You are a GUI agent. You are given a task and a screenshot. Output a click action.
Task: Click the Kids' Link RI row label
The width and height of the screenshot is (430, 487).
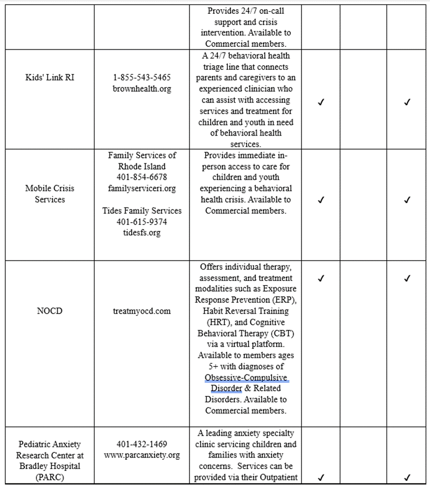coord(50,78)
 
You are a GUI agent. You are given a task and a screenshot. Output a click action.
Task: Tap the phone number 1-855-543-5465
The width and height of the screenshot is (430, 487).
coord(141,78)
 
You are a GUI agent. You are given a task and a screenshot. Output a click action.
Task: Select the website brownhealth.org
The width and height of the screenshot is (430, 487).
coord(141,89)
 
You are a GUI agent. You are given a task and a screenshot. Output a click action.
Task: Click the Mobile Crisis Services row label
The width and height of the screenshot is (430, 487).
coord(50,194)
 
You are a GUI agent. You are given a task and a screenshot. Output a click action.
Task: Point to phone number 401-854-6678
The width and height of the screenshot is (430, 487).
coord(141,178)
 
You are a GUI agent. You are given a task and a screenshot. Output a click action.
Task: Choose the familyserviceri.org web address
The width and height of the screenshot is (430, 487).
coord(141,189)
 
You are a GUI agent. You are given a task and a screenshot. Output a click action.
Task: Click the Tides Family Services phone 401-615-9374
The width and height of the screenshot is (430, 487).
coord(141,222)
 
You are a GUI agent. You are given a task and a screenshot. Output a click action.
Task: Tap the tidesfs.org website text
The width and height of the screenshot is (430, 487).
coord(141,233)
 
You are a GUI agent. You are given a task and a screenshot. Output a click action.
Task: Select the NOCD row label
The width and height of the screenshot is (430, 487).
coord(50,311)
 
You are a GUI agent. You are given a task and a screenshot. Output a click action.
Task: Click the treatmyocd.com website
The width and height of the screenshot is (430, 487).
coord(141,311)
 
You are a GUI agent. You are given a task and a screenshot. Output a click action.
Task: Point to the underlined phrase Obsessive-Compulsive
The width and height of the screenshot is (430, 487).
coord(247,378)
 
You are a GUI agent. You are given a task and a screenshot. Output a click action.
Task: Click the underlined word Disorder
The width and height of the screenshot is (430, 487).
coord(223,389)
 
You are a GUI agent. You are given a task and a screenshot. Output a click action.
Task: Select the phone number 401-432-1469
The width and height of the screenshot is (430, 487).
coord(141,445)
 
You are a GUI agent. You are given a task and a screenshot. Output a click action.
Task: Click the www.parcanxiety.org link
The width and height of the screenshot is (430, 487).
coord(141,456)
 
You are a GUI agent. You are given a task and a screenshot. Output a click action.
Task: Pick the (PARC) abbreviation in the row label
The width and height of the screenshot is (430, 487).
coord(50,477)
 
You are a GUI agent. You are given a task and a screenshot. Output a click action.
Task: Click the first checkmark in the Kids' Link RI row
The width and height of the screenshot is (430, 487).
coord(321,103)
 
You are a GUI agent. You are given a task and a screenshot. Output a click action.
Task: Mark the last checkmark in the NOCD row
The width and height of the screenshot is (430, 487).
coord(407,278)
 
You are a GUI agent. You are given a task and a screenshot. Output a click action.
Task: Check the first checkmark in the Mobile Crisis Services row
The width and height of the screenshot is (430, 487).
coord(321,200)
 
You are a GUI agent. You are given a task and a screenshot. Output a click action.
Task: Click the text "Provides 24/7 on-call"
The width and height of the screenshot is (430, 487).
coord(245,11)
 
